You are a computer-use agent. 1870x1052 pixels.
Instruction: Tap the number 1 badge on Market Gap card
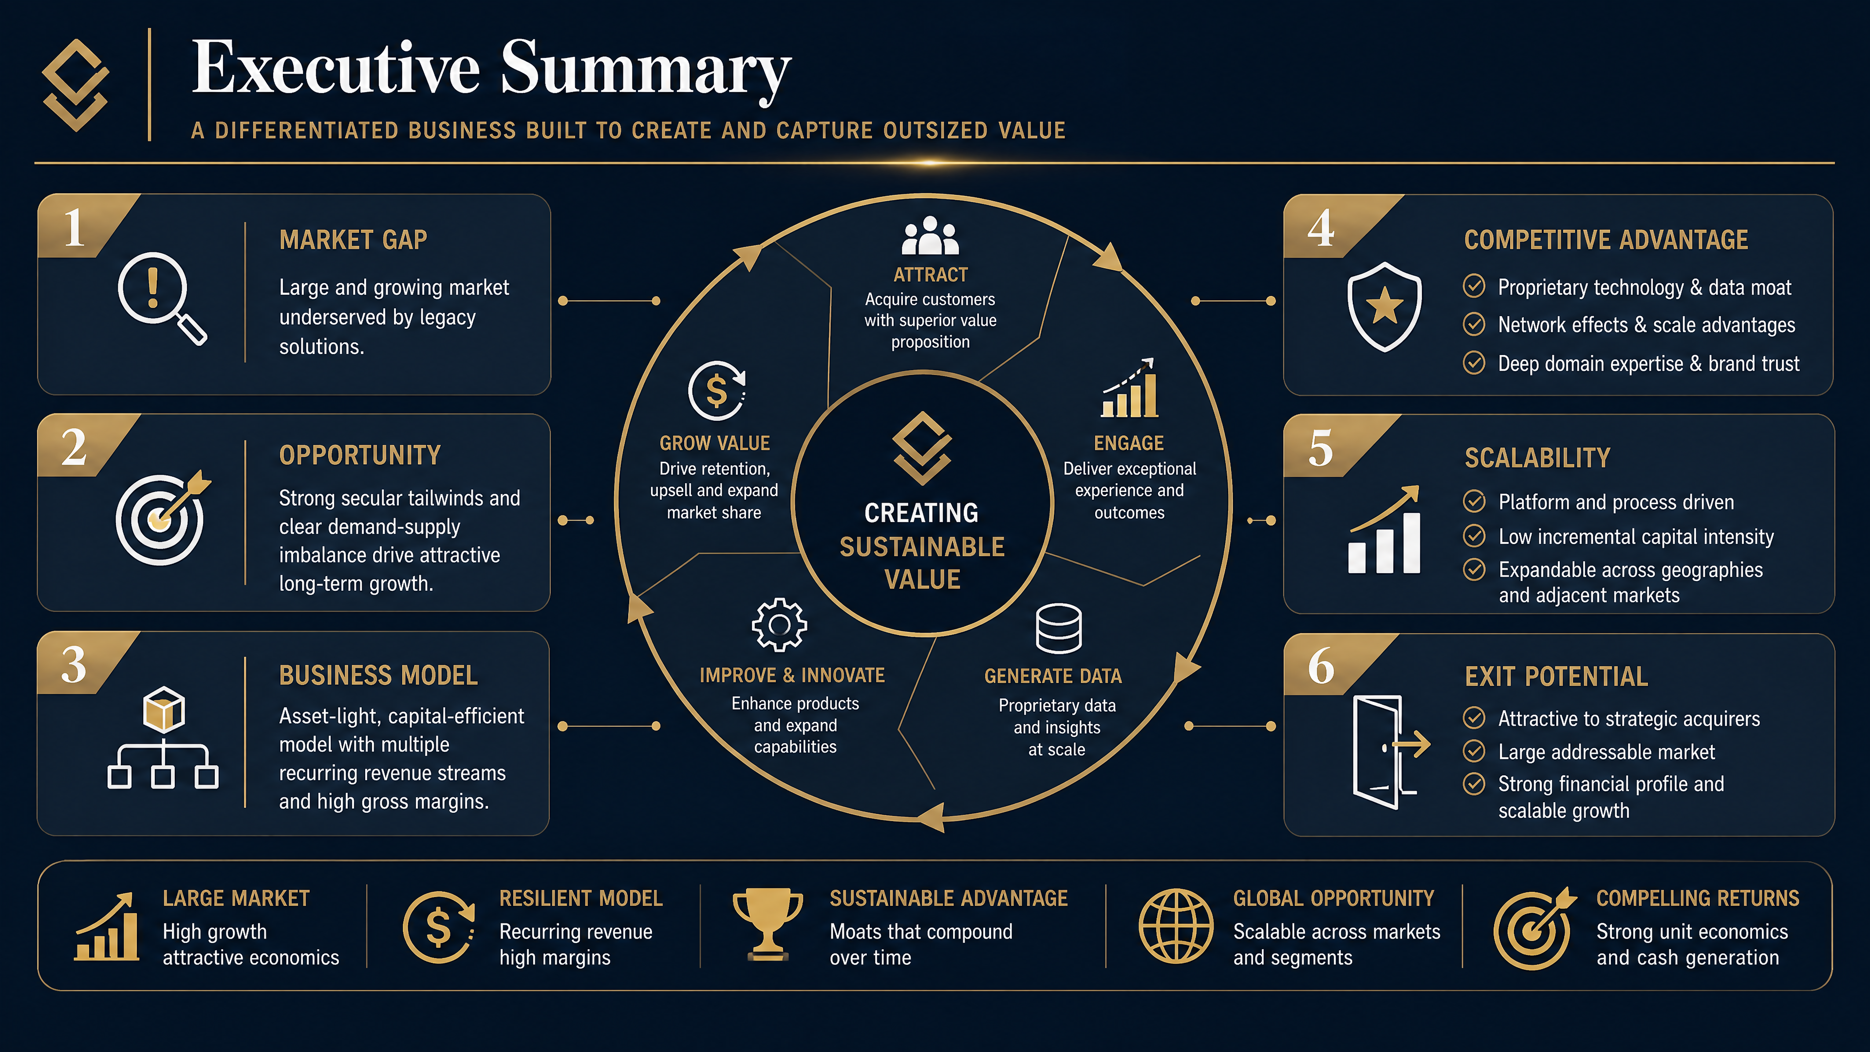coord(74,227)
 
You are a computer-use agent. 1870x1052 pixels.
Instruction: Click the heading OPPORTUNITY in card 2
coord(360,455)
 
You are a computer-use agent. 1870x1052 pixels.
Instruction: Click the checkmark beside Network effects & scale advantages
coord(1474,324)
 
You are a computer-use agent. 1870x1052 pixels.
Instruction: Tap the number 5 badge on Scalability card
coord(1321,448)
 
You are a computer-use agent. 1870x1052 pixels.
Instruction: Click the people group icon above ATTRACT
coord(930,235)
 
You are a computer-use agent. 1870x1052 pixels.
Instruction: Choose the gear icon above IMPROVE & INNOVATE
coord(779,624)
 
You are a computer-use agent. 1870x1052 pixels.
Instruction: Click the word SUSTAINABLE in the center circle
coord(922,546)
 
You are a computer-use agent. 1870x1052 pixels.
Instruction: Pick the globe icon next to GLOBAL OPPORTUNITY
coord(1176,926)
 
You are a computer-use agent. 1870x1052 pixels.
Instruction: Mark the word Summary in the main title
coord(646,70)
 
